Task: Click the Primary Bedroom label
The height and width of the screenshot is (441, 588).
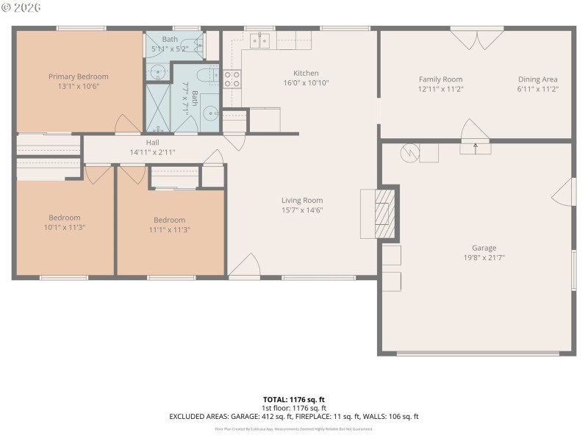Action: pos(79,76)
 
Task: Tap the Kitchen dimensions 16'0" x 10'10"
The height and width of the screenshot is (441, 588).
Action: pos(306,83)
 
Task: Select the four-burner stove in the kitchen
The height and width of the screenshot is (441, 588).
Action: pos(232,79)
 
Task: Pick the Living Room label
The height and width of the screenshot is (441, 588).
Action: pos(302,200)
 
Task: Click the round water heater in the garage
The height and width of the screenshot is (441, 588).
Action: pos(408,153)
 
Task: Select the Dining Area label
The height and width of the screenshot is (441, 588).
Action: pos(537,79)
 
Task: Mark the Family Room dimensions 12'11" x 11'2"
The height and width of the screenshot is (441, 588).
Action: pos(441,89)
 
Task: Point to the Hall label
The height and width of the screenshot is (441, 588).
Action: pos(153,143)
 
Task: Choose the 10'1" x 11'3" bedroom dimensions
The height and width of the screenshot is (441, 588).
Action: pos(65,228)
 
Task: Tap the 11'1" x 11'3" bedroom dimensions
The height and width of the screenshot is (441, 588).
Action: pos(170,229)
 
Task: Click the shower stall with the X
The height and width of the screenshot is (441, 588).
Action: pos(158,108)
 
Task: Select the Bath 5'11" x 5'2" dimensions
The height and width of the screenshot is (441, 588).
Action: pos(170,49)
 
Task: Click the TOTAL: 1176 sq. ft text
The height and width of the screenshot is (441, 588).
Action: pos(294,400)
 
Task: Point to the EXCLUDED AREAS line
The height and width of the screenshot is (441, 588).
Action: pos(294,417)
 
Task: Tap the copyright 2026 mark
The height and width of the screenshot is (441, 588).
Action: pos(21,7)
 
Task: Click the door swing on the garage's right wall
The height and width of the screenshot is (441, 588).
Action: pos(564,192)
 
